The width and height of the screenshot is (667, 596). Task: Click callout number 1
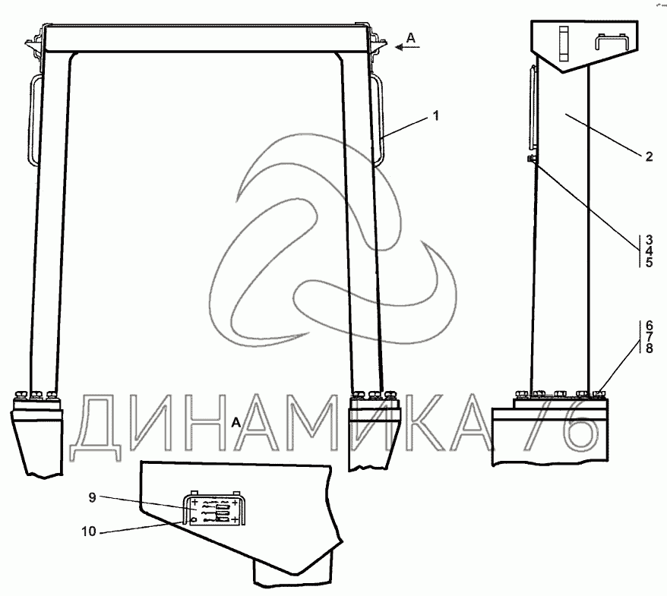[x=435, y=115]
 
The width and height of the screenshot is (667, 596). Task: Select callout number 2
[x=649, y=156]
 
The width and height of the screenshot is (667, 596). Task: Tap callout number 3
[x=649, y=239]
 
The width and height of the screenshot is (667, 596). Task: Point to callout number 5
[x=649, y=262]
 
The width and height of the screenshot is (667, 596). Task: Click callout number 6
[x=649, y=326]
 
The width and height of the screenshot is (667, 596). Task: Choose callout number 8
[x=649, y=348]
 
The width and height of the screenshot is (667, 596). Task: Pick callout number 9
[x=93, y=497]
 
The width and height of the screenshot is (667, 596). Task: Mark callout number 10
[x=89, y=531]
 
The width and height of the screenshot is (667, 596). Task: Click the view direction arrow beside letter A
[x=407, y=47]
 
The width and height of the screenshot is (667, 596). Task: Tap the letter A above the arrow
[x=410, y=38]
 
